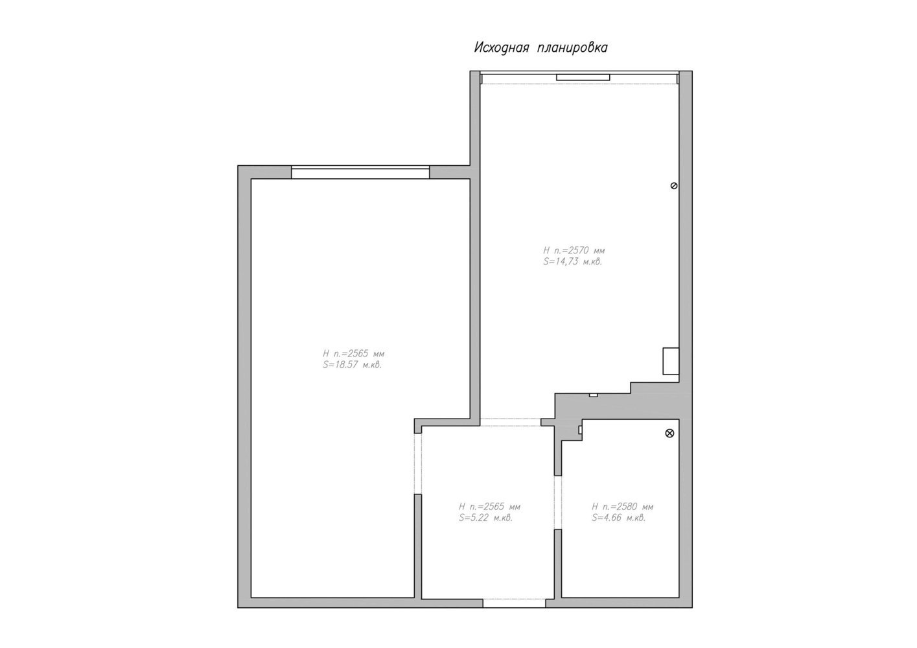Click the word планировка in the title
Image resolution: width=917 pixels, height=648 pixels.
tap(573, 48)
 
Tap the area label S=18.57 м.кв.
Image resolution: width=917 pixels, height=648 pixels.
tap(352, 365)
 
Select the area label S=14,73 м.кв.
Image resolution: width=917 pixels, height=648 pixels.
tap(573, 262)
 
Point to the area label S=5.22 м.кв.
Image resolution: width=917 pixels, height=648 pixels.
tap(485, 518)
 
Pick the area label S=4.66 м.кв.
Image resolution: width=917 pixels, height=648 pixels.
tap(618, 518)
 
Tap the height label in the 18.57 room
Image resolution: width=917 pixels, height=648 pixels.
tap(354, 354)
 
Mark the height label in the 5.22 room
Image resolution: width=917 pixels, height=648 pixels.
tap(490, 507)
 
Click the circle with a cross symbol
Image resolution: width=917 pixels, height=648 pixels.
tap(669, 433)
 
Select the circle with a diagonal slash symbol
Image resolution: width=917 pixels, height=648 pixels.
tap(674, 186)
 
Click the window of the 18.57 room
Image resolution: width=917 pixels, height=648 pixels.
tap(360, 172)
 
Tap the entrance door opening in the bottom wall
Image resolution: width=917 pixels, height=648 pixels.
tap(514, 603)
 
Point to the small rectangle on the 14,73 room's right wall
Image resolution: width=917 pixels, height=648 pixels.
tap(671, 361)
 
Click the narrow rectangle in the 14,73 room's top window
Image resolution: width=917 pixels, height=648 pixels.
tap(583, 78)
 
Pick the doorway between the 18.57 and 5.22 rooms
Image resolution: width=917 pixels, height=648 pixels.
tap(418, 464)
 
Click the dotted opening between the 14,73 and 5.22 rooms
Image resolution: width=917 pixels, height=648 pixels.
tap(511, 422)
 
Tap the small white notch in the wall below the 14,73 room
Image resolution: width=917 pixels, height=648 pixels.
tap(593, 395)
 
